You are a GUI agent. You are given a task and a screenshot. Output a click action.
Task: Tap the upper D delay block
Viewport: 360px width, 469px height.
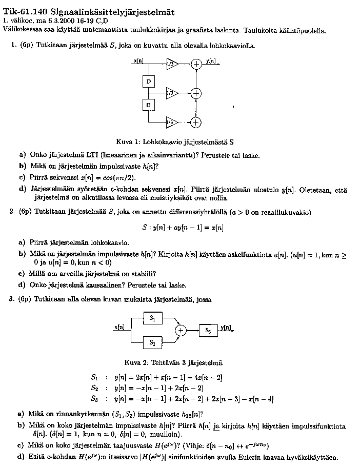[148, 82]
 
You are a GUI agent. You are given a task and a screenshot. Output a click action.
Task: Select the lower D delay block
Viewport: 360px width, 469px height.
[148, 105]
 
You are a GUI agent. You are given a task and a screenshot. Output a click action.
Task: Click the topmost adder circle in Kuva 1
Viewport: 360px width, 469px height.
[196, 64]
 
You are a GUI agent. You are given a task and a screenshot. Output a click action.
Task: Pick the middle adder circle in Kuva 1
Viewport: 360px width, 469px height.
[196, 93]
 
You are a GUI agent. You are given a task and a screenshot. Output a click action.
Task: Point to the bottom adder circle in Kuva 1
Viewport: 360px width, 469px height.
[196, 122]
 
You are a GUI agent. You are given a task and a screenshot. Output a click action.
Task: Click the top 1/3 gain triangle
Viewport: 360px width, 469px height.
[172, 64]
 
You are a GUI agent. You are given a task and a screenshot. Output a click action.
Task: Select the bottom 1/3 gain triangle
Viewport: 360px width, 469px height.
[172, 122]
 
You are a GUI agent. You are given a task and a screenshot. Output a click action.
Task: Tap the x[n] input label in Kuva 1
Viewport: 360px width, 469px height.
[138, 60]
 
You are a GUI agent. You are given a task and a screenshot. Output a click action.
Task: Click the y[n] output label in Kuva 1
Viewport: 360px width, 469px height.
[211, 60]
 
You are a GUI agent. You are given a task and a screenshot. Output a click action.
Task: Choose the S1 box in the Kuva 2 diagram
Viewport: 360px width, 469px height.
[152, 318]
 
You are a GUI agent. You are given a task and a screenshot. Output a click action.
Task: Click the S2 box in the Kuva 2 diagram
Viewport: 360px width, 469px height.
[152, 342]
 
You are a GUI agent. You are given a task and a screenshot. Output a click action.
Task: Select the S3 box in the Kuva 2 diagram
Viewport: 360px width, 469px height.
[208, 331]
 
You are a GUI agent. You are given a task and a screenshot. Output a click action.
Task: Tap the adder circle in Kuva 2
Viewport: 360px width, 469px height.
[181, 331]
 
